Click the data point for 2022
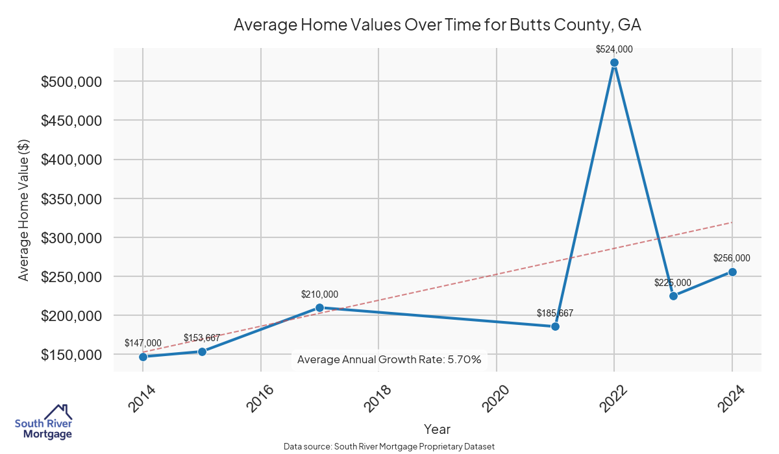pos(614,63)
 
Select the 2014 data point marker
pos(143,357)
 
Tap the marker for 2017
pos(319,307)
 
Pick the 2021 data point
pos(555,326)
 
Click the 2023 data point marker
pos(673,296)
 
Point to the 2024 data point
pos(732,272)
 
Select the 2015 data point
pos(202,352)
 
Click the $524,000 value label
pos(614,49)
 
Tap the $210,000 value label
pos(319,294)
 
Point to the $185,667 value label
pos(555,313)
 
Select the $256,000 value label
pos(732,258)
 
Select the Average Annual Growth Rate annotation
pos(389,359)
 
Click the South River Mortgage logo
pos(43,422)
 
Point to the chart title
pos(438,25)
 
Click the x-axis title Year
pos(437,429)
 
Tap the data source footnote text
pos(389,447)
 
